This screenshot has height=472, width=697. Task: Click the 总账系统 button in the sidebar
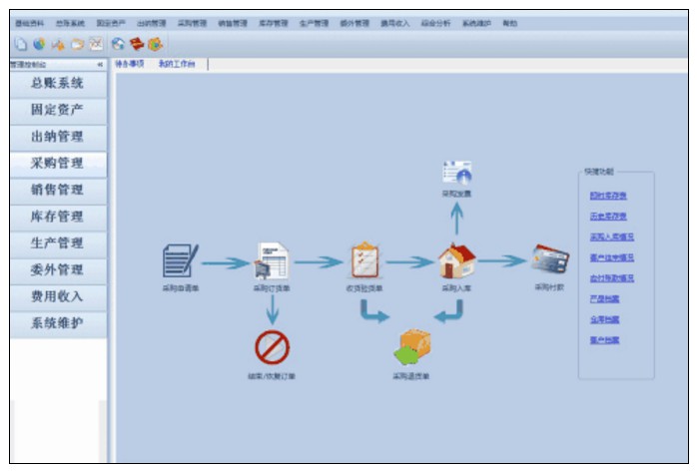click(57, 84)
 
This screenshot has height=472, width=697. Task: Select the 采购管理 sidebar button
click(57, 164)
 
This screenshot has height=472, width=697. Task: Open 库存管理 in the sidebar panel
click(57, 217)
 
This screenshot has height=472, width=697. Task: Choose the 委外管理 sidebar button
click(57, 269)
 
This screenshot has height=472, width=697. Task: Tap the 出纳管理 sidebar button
click(57, 137)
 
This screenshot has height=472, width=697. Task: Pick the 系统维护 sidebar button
click(57, 323)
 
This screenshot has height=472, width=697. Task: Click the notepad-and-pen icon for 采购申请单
click(180, 260)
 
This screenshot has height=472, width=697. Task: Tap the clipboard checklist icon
click(364, 260)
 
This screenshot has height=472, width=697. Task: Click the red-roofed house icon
click(456, 260)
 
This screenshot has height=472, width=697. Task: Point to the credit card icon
click(549, 260)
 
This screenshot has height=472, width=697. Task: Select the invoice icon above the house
click(456, 172)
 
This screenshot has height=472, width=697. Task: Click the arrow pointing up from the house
click(456, 218)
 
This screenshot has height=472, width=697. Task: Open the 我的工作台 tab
click(176, 64)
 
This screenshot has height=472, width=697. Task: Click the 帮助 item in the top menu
click(510, 22)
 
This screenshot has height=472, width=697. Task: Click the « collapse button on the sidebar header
click(100, 65)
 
